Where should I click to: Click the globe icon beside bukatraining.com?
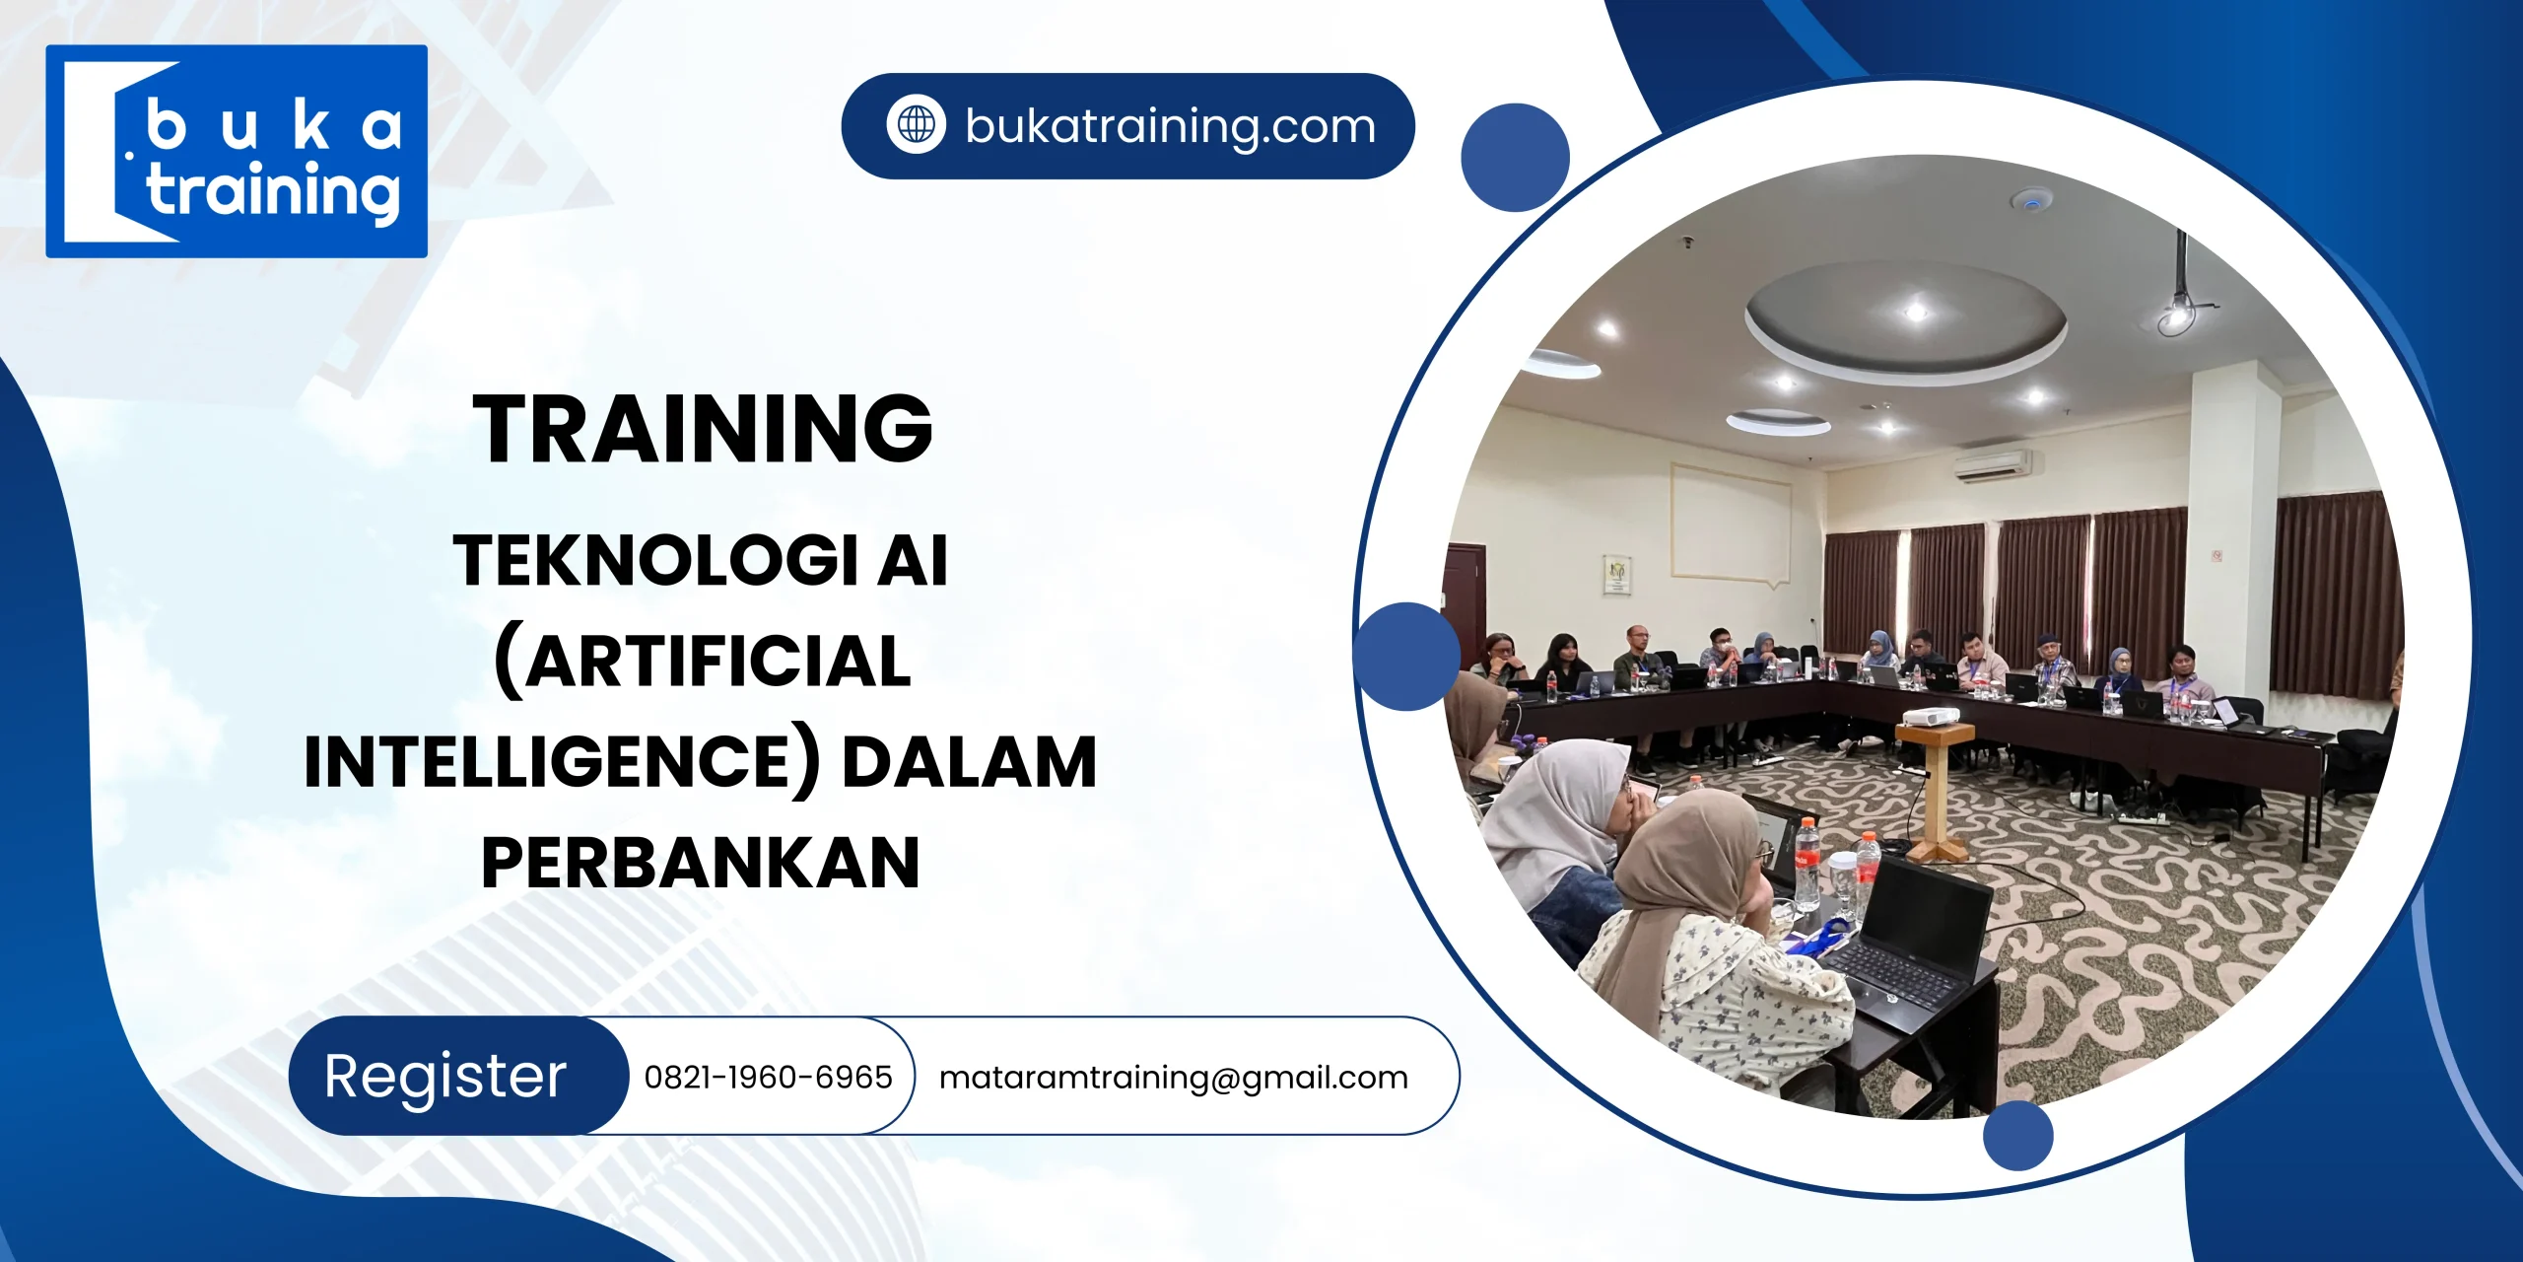tap(916, 125)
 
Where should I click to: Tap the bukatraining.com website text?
tap(1170, 126)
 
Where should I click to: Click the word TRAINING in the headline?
tap(702, 429)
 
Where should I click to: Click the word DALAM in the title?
tap(969, 762)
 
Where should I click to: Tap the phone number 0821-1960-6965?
tap(768, 1077)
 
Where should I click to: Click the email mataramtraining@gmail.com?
tap(1173, 1077)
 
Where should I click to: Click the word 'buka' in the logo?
tap(273, 127)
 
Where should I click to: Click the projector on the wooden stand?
tap(1930, 716)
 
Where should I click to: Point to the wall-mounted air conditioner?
tap(1992, 464)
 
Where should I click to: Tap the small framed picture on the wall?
tap(1616, 575)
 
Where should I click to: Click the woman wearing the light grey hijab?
tap(1562, 818)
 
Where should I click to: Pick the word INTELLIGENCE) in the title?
tap(562, 762)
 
